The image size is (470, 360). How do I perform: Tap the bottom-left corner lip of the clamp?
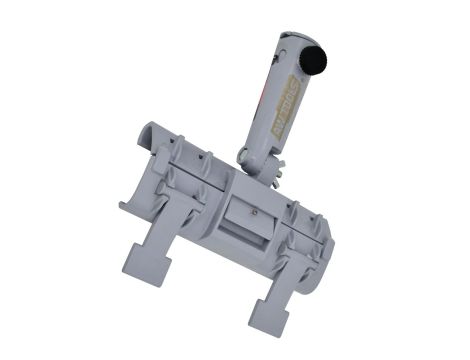click(x=126, y=208)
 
